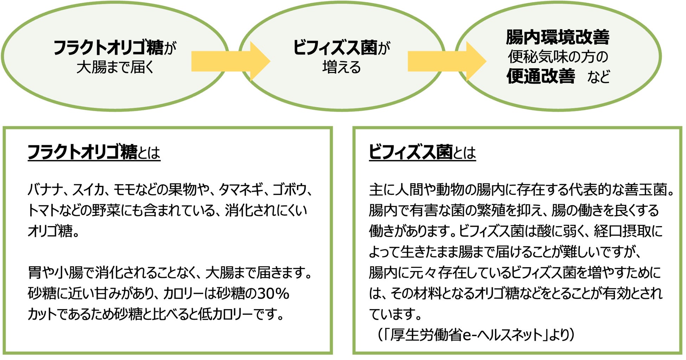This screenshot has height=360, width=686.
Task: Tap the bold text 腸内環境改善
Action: (558, 37)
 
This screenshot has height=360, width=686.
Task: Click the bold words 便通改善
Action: (541, 76)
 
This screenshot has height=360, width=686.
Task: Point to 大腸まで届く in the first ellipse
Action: (115, 67)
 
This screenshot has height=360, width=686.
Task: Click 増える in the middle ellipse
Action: (342, 67)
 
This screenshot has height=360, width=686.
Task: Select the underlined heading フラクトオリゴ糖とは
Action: (94, 152)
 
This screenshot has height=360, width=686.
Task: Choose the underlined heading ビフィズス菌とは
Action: (422, 152)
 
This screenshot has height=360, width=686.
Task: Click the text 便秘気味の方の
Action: (558, 57)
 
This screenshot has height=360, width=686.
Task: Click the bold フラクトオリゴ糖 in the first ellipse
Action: (108, 47)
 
